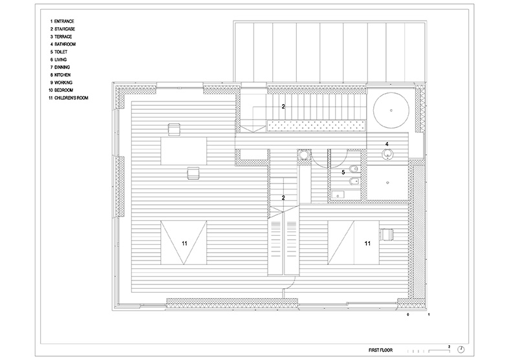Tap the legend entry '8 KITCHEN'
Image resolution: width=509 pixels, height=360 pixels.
[x=60, y=75]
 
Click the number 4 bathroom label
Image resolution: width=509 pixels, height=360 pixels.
[x=387, y=144]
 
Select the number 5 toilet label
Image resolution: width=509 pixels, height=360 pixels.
[x=334, y=173]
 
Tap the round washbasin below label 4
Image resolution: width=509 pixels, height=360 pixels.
[x=388, y=154]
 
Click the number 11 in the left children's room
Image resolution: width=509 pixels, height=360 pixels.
[x=184, y=244]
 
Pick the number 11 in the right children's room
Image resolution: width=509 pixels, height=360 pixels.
[x=367, y=244]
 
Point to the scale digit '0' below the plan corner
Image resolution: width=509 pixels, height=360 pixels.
[x=409, y=315]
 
